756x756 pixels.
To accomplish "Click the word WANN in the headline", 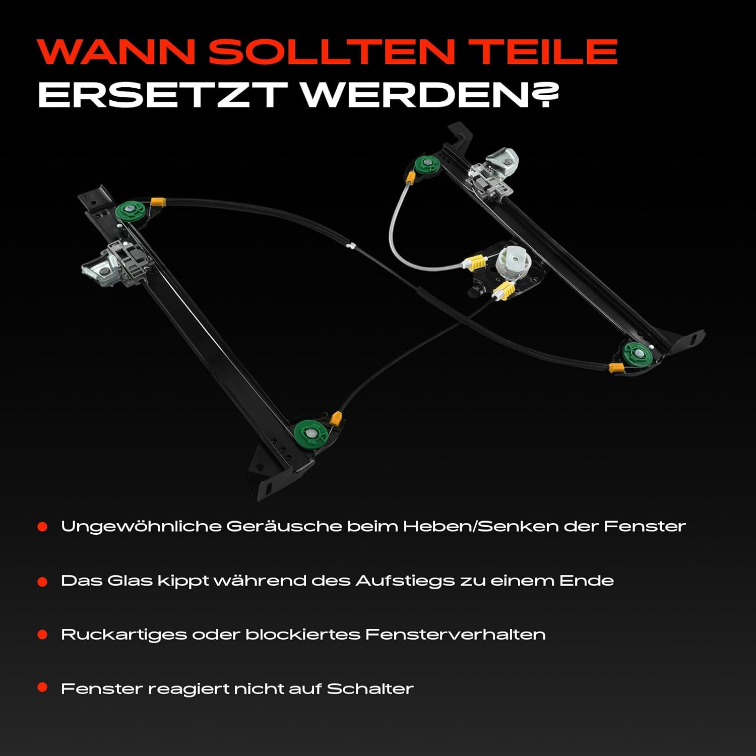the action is [x=116, y=51].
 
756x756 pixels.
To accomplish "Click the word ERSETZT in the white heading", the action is [x=163, y=94].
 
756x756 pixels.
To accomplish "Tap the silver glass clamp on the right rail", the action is [x=493, y=173].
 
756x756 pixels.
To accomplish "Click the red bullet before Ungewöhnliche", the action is [x=42, y=527].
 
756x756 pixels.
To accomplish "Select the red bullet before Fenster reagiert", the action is [x=42, y=687].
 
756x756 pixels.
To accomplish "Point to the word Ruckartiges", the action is [x=124, y=635].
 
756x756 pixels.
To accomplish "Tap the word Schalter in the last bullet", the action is [x=370, y=688].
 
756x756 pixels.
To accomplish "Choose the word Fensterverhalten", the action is [x=455, y=634].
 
